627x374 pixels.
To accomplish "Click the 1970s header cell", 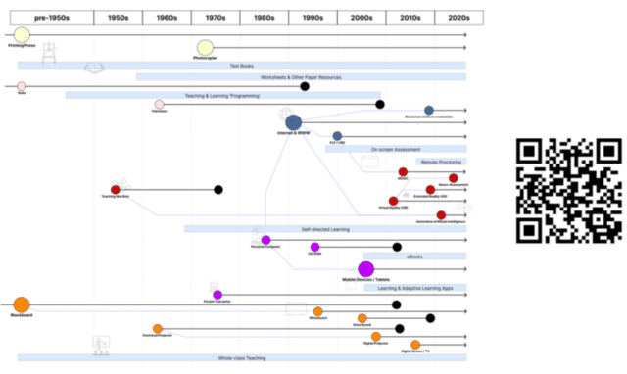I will [x=216, y=18].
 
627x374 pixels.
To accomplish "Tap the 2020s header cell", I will [x=458, y=18].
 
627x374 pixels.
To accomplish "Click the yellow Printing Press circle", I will [x=21, y=35].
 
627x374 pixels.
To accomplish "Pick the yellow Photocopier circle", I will [x=205, y=48].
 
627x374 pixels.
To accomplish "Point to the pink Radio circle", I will [x=22, y=86].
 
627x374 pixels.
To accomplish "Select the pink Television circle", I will [x=159, y=104].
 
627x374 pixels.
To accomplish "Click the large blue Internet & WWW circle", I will [x=293, y=122].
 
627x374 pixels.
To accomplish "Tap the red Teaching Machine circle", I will [x=116, y=190].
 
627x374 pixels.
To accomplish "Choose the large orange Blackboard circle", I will [x=22, y=304].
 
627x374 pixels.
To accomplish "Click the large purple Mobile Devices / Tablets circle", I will [x=365, y=269].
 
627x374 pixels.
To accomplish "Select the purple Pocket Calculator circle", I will [x=217, y=295].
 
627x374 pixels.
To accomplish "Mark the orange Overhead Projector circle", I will [x=158, y=329].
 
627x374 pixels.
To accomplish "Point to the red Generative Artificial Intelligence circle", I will [x=441, y=214].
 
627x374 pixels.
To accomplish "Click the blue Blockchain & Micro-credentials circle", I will [x=429, y=111].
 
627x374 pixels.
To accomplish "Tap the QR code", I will [x=568, y=190].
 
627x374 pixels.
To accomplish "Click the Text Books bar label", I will [x=241, y=66].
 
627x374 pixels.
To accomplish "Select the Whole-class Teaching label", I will [x=241, y=357].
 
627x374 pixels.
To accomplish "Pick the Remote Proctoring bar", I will [x=441, y=162].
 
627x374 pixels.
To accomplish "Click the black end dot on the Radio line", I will [x=305, y=86].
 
